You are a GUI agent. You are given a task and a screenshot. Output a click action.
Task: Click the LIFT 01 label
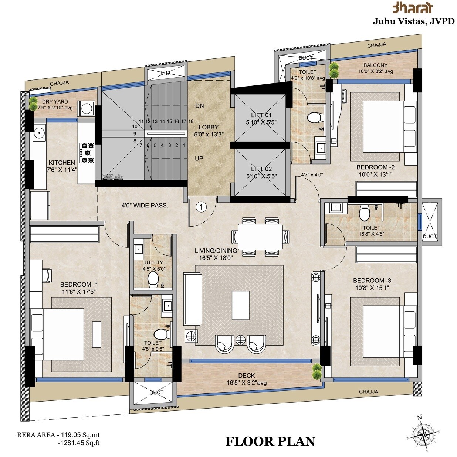click(x=261, y=115)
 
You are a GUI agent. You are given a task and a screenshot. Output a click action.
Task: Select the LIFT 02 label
click(x=261, y=169)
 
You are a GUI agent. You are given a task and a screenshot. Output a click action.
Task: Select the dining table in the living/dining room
click(x=260, y=237)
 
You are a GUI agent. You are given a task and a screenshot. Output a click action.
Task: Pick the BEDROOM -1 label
click(x=79, y=285)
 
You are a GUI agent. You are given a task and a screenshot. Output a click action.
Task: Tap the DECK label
click(x=246, y=376)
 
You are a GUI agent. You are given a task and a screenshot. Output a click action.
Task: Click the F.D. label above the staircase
click(x=166, y=73)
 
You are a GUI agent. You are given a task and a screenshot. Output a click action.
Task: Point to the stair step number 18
click(x=191, y=121)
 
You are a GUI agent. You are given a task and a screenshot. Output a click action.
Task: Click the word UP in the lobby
click(x=199, y=159)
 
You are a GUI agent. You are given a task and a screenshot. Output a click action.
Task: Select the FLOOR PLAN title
click(x=270, y=441)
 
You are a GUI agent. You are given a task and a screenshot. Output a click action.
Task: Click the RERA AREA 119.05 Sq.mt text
click(x=58, y=435)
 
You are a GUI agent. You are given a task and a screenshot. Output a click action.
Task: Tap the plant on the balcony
click(x=334, y=70)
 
